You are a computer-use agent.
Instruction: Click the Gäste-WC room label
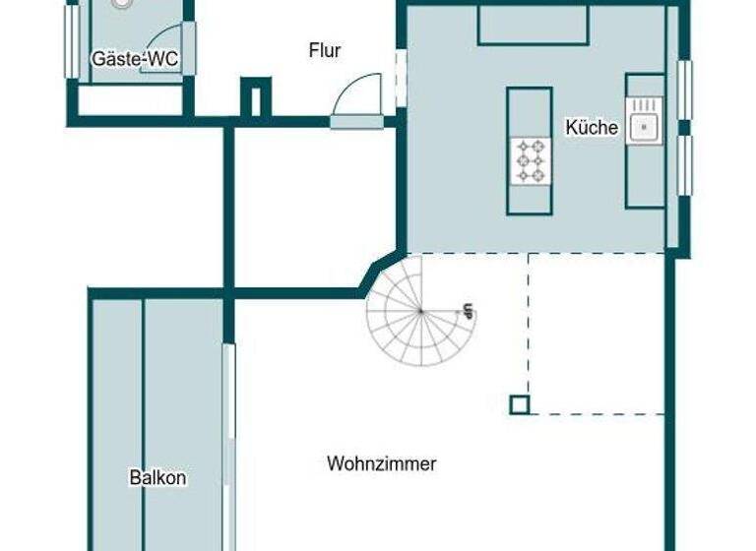click(135, 59)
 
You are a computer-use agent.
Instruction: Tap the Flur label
click(325, 50)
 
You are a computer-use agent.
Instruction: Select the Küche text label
click(592, 127)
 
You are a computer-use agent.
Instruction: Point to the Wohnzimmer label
click(382, 463)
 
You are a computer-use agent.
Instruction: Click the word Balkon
click(157, 478)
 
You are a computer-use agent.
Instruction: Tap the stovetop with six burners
click(530, 159)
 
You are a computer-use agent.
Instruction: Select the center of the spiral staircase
click(420, 311)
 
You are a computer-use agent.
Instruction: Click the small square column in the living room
click(519, 404)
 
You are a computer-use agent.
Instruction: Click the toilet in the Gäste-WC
click(122, 4)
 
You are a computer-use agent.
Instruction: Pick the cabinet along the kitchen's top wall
click(533, 26)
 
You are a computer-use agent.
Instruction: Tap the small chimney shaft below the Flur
click(255, 98)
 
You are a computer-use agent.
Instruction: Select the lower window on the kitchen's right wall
click(684, 165)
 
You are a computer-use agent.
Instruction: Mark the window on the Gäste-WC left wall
click(71, 42)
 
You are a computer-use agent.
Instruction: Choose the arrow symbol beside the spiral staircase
click(468, 312)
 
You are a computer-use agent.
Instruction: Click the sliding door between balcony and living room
click(228, 443)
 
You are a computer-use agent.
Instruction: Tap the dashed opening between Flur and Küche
click(400, 78)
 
